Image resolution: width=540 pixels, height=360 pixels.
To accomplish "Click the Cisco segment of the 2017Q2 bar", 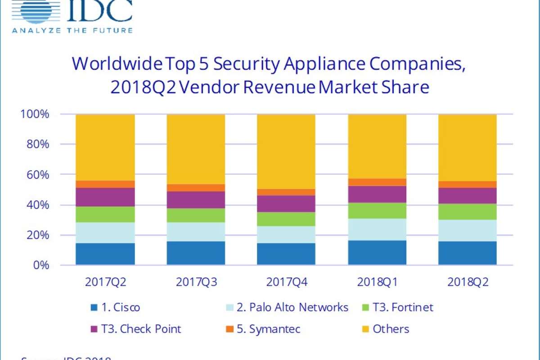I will tap(105, 254).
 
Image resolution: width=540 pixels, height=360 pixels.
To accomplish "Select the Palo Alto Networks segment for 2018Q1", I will tap(377, 229).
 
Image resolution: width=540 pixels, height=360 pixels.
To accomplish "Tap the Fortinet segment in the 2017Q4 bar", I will tap(286, 219).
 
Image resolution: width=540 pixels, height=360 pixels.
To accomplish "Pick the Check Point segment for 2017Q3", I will tap(196, 200).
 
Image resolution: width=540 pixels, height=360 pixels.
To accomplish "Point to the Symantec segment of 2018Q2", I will tap(468, 184).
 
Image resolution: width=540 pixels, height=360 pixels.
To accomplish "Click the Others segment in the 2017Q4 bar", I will tap(286, 152).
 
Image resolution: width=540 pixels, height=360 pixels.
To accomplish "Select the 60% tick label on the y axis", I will tap(34, 175).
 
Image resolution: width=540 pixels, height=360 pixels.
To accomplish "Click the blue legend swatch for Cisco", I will tap(94, 308).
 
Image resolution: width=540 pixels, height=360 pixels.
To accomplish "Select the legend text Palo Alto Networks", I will tap(292, 307).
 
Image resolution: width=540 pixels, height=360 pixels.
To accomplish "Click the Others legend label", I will tap(391, 329).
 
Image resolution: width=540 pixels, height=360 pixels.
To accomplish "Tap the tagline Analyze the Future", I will tap(72, 31).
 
